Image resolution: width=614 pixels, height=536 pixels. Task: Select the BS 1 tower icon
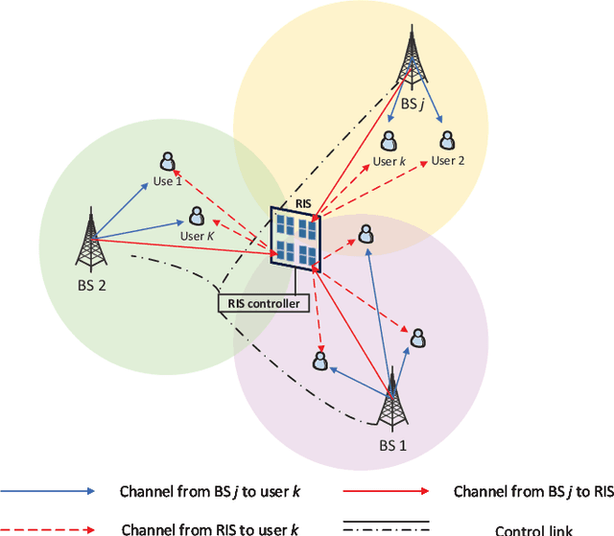pyautogui.click(x=390, y=399)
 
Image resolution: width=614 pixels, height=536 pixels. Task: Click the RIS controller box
pyautogui.click(x=263, y=304)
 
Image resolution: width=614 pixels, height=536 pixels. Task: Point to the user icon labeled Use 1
pyautogui.click(x=167, y=161)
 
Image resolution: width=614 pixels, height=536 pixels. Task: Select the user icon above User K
pyautogui.click(x=196, y=216)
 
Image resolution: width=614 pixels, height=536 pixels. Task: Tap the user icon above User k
pyautogui.click(x=390, y=140)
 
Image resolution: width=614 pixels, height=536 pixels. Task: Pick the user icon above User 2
pyautogui.click(x=446, y=140)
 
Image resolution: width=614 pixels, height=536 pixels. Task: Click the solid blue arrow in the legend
pyautogui.click(x=49, y=490)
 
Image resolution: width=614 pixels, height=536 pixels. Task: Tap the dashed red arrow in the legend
pyautogui.click(x=49, y=526)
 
